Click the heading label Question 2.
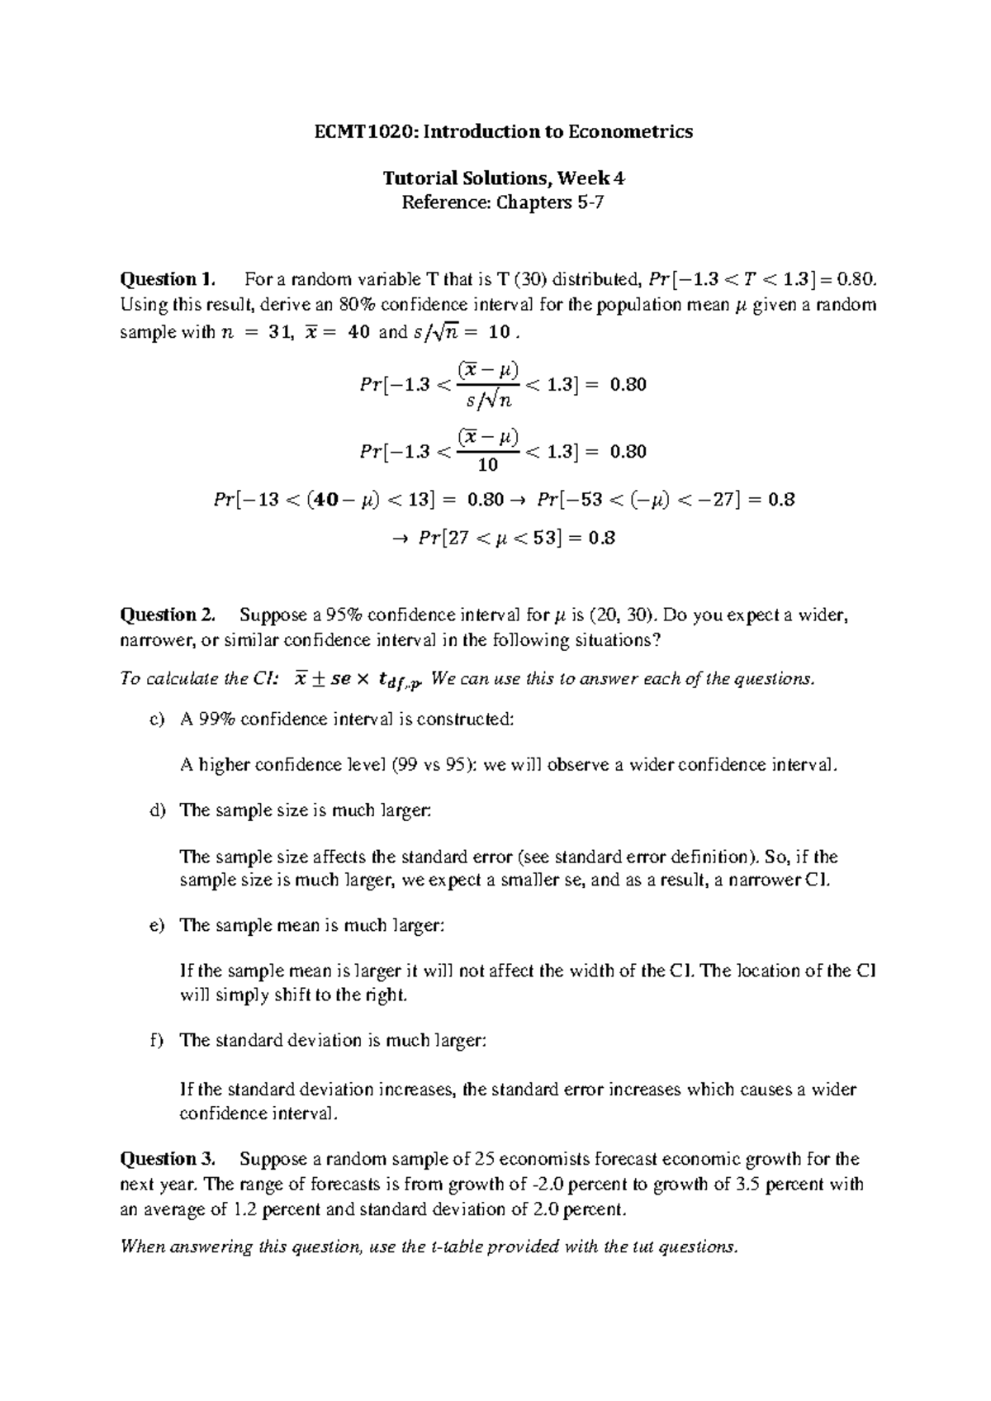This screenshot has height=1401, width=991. click(168, 615)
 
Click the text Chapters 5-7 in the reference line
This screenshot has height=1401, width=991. click(549, 202)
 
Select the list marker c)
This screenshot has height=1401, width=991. click(157, 719)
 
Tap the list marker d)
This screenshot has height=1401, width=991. click(157, 810)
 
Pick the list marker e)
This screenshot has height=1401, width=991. click(157, 925)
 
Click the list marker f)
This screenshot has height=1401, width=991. click(156, 1040)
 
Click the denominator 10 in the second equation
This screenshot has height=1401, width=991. click(488, 465)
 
